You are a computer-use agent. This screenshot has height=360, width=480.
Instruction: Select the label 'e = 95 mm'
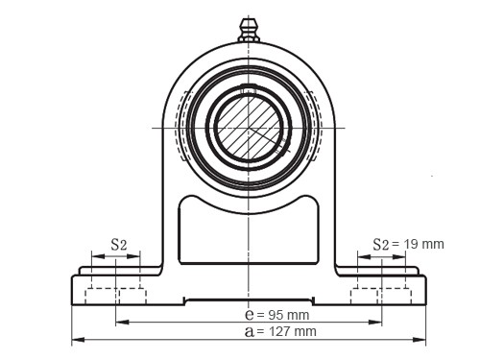click(277, 314)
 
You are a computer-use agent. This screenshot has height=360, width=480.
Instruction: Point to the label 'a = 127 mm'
click(280, 331)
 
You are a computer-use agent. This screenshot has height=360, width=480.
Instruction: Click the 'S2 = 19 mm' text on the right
click(409, 244)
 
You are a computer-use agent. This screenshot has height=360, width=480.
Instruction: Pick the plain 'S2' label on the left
click(118, 244)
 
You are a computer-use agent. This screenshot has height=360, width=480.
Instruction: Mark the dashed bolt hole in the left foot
click(115, 290)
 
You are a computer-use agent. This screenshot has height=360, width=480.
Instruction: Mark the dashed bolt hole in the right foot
click(381, 290)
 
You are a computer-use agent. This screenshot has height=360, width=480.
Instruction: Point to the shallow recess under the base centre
click(249, 300)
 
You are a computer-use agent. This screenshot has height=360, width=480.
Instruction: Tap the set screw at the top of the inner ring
click(249, 93)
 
